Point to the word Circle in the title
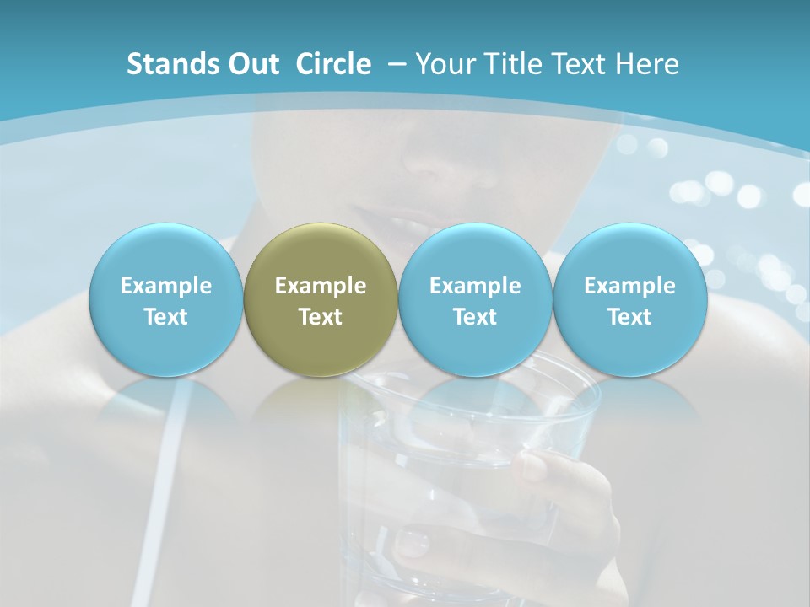[x=333, y=64]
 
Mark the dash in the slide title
[x=397, y=64]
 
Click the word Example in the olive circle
[x=321, y=286]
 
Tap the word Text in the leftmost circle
[x=165, y=317]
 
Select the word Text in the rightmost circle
[x=629, y=317]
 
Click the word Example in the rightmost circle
[x=629, y=286]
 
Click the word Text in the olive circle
[x=321, y=317]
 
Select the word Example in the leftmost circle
[x=165, y=286]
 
